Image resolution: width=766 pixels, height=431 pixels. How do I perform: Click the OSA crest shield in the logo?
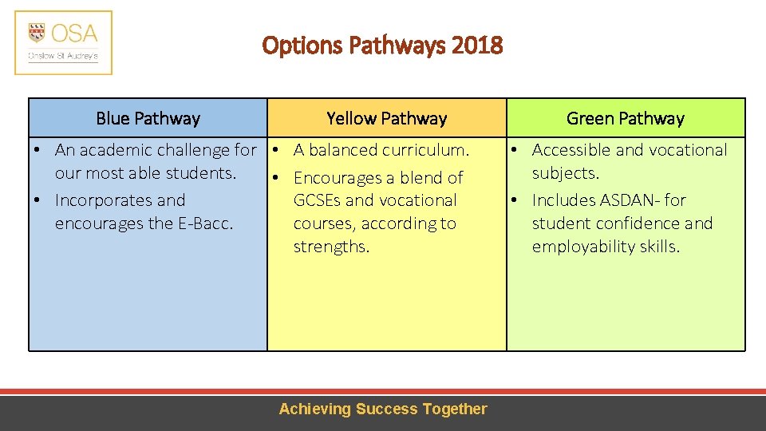(x=37, y=33)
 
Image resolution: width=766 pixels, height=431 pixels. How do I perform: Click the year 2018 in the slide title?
(x=477, y=45)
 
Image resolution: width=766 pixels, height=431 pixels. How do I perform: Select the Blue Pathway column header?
(x=148, y=119)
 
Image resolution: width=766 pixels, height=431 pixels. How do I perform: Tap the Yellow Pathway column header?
(x=386, y=119)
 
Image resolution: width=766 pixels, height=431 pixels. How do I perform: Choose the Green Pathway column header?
(x=626, y=119)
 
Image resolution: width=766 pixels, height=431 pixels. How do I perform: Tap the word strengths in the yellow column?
(x=331, y=247)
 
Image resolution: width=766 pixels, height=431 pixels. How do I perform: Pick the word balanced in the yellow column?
(x=347, y=150)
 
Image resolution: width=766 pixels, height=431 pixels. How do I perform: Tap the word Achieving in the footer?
(x=314, y=409)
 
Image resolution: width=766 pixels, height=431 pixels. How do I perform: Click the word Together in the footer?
(x=455, y=409)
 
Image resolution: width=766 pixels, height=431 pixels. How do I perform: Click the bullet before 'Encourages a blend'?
(x=274, y=177)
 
